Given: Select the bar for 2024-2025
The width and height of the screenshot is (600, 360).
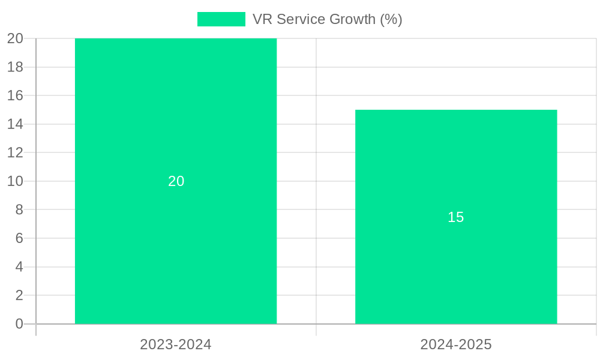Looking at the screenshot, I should pyautogui.click(x=456, y=270).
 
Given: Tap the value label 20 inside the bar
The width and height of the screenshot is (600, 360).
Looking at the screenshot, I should pyautogui.click(x=176, y=181).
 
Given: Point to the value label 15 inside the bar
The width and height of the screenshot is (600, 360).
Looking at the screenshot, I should pyautogui.click(x=456, y=217).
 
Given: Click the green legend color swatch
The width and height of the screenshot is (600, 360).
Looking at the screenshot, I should pyautogui.click(x=221, y=19).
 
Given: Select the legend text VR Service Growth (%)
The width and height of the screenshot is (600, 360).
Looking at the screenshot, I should pyautogui.click(x=327, y=19).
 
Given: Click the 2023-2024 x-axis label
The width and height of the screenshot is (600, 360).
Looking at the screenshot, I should pyautogui.click(x=176, y=344).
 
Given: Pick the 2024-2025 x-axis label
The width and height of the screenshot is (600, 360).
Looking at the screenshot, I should pyautogui.click(x=456, y=344).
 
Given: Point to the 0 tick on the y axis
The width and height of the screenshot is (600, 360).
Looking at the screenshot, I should pyautogui.click(x=19, y=324).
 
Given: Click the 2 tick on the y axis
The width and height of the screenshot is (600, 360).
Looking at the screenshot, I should pyautogui.click(x=19, y=295).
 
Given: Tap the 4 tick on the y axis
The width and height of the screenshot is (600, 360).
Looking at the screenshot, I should pyautogui.click(x=19, y=267).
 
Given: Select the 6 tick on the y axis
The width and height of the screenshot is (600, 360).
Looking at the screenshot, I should pyautogui.click(x=19, y=238).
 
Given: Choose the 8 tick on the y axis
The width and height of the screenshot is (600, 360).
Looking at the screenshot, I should pyautogui.click(x=19, y=209).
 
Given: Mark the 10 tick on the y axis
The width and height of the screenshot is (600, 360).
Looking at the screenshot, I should pyautogui.click(x=16, y=181).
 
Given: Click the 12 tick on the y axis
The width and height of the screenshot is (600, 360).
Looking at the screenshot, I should pyautogui.click(x=16, y=152).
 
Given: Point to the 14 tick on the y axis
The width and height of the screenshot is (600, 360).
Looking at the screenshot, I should pyautogui.click(x=16, y=124).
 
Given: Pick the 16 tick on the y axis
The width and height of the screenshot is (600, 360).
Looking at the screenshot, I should pyautogui.click(x=16, y=95).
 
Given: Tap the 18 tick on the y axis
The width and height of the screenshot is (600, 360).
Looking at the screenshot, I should pyautogui.click(x=16, y=67).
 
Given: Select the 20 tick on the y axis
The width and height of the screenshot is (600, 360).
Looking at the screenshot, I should pyautogui.click(x=16, y=38).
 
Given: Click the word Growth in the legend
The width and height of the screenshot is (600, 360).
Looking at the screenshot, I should pyautogui.click(x=353, y=19).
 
